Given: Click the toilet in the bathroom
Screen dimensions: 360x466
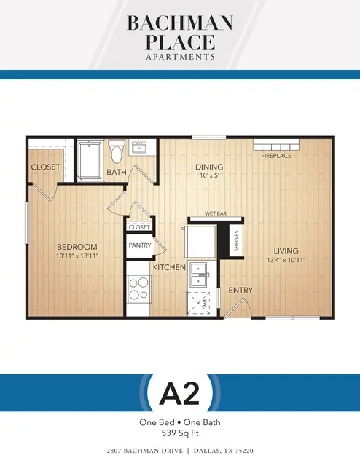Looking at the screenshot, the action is click(x=116, y=151).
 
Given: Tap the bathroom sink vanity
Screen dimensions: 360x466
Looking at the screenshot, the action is click(x=139, y=147).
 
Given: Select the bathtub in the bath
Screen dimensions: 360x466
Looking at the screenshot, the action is click(x=90, y=160).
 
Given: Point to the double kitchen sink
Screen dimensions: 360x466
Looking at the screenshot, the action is click(x=198, y=275).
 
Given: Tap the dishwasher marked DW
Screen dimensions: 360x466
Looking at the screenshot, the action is click(x=198, y=304).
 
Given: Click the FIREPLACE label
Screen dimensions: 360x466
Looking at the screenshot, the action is click(x=276, y=155).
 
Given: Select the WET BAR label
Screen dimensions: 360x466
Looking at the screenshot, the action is click(x=216, y=213).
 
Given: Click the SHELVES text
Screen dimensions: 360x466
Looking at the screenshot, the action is click(x=237, y=241).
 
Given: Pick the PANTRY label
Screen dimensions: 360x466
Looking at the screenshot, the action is click(x=140, y=245).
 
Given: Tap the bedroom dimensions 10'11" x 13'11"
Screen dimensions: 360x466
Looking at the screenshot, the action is click(x=77, y=256).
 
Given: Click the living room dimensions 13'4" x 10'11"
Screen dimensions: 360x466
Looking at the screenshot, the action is click(x=286, y=260).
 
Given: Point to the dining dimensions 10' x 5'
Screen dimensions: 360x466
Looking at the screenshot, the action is click(x=209, y=175).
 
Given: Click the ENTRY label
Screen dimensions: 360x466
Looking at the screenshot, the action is click(x=240, y=290).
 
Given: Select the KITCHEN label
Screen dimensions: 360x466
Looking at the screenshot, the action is click(x=169, y=267).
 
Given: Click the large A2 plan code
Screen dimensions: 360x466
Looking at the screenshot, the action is click(x=180, y=393).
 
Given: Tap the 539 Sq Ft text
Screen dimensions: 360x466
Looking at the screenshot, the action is click(x=180, y=433).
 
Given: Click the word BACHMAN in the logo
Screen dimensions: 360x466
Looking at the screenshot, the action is click(x=180, y=23).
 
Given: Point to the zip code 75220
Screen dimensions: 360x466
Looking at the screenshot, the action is click(x=243, y=451).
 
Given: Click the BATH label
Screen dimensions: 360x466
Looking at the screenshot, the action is click(x=117, y=172).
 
